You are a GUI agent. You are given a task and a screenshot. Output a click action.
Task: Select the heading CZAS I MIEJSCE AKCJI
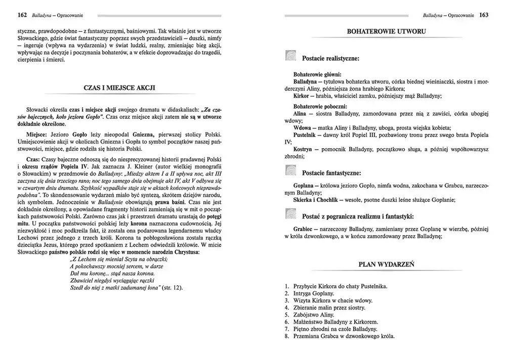tap(119, 87)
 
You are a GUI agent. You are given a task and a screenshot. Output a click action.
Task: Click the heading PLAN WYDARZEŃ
tap(387, 263)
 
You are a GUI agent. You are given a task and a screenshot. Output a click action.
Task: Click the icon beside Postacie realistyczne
tap(290, 58)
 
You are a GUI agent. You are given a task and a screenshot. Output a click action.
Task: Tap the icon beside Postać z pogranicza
tap(290, 216)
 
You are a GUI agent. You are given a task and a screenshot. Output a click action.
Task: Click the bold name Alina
tap(302, 114)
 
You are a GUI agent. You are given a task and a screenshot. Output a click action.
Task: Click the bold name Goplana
tap(306, 186)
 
